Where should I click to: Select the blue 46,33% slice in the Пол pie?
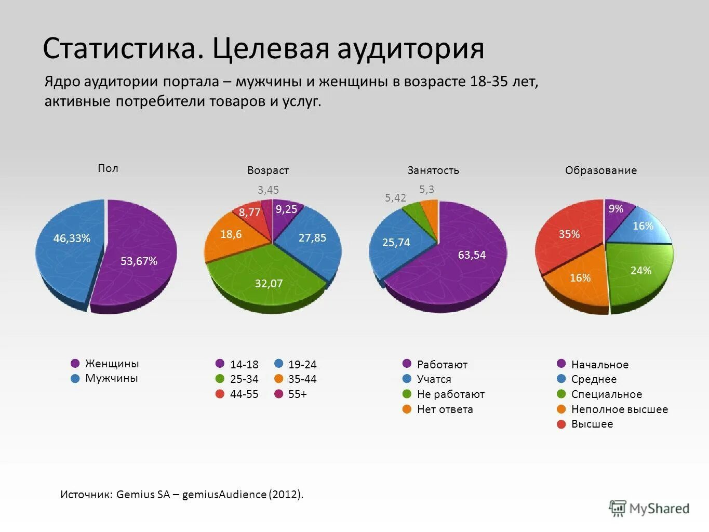(x=70, y=244)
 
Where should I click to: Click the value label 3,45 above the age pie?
(x=268, y=190)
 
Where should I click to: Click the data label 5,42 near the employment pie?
(x=395, y=198)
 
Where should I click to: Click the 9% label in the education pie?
(x=616, y=209)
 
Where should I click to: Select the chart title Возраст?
(x=268, y=170)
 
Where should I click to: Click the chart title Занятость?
(x=433, y=170)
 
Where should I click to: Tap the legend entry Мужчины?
(x=111, y=378)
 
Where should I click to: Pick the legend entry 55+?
(x=297, y=394)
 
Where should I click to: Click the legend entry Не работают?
(x=450, y=394)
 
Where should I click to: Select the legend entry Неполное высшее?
(x=619, y=409)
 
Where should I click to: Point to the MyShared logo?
(x=649, y=508)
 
